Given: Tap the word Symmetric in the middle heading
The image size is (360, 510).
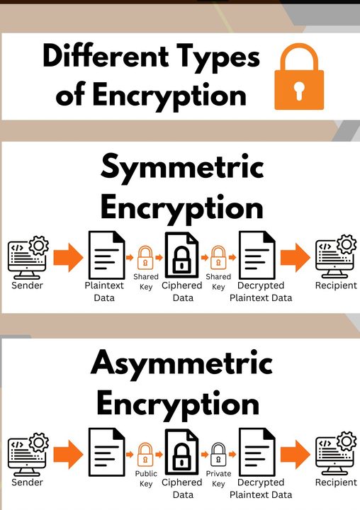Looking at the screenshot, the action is point(182,168).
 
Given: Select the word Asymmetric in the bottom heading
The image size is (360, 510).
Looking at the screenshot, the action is point(181,363).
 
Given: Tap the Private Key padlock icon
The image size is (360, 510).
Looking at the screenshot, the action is point(218,454).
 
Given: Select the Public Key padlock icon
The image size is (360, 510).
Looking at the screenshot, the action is point(145,454).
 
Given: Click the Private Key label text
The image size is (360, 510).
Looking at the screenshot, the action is point(218,479).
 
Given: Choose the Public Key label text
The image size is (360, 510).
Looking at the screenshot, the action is point(146,479).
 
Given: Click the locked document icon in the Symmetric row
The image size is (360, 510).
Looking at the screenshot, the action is point(181,255).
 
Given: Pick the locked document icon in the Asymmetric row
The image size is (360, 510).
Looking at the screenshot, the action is point(181,452).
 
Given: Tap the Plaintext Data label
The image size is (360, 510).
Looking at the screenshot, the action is point(104,291).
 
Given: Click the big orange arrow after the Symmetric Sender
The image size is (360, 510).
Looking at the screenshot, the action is point(68,257).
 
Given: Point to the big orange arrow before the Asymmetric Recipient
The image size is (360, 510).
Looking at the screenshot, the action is point(296,454).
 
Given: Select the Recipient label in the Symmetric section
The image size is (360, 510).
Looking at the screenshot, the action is point(336,285).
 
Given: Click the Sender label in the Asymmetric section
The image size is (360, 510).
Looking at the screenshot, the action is point(27,482).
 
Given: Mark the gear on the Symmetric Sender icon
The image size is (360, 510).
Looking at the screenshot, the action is point(39,246).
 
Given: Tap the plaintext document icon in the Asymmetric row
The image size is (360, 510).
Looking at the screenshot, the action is point(107,452).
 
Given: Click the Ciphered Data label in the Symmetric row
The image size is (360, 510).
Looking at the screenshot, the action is point(182,291).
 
